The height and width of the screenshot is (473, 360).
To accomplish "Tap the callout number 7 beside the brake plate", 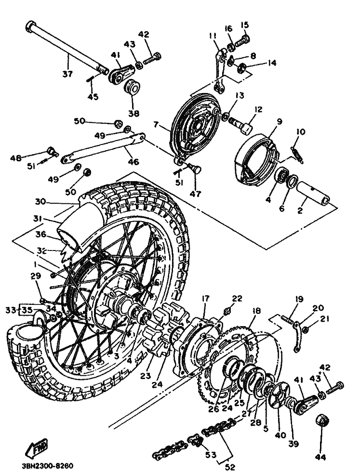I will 156,125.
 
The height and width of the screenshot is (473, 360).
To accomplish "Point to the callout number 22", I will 237,299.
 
